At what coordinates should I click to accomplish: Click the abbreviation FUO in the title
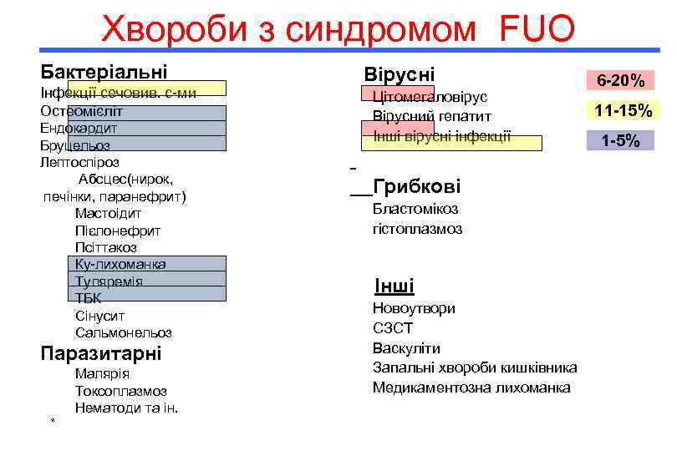click(537, 30)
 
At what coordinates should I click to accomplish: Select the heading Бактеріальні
click(104, 72)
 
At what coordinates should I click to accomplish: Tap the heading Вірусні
click(399, 74)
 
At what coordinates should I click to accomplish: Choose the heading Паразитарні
click(100, 353)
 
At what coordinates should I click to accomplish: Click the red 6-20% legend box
click(619, 81)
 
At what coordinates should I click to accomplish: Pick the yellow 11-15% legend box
click(623, 111)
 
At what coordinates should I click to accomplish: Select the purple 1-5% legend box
click(620, 141)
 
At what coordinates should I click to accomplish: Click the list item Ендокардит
click(79, 128)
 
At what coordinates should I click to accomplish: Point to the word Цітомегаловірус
click(430, 97)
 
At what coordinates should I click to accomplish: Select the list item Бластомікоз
click(415, 209)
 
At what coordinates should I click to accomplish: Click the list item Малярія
click(102, 373)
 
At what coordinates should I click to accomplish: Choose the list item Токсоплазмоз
click(120, 391)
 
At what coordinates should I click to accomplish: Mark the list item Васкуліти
click(406, 347)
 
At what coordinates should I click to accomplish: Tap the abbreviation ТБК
click(89, 298)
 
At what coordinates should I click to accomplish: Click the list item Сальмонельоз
click(123, 332)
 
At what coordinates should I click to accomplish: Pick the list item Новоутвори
click(414, 308)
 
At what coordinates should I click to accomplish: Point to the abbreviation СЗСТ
click(393, 328)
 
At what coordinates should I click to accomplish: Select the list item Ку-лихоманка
click(120, 264)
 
